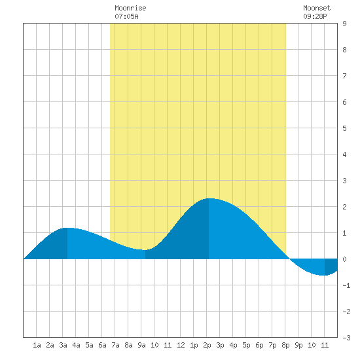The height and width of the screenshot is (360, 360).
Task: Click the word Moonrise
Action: click(x=130, y=8)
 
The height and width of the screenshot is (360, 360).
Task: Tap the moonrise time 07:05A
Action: click(x=126, y=16)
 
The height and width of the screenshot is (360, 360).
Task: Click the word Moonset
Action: click(x=317, y=8)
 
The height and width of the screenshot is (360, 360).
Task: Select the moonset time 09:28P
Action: click(x=315, y=16)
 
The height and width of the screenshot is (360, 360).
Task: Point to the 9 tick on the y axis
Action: click(x=344, y=24)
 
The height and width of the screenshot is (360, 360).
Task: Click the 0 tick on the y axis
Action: click(x=344, y=259)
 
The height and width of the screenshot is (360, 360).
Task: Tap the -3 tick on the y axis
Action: click(x=346, y=338)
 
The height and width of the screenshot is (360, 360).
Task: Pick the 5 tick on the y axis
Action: click(x=344, y=128)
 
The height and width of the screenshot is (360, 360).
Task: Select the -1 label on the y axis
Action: click(x=346, y=285)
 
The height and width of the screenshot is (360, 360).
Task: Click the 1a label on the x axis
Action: click(x=37, y=345)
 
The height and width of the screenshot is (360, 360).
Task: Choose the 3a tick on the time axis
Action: click(x=63, y=345)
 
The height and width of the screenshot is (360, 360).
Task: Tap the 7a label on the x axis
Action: click(x=115, y=345)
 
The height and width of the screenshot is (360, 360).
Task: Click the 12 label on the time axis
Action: click(x=181, y=345)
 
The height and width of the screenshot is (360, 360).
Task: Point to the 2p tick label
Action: click(x=207, y=345)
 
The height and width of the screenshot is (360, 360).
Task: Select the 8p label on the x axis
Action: click(x=285, y=345)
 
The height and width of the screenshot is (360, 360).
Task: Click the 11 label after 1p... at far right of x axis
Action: click(x=325, y=345)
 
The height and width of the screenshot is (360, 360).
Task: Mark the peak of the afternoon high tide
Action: click(x=209, y=198)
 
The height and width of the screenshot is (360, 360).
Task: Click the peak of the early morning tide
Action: click(x=67, y=228)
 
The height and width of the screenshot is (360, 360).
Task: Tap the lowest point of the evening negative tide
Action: click(x=324, y=275)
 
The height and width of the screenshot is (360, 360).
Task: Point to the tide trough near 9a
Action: click(x=145, y=250)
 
